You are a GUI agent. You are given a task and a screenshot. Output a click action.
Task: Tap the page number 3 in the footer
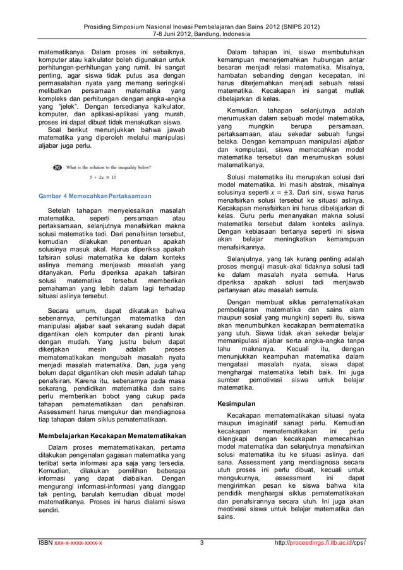pos(201,542)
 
